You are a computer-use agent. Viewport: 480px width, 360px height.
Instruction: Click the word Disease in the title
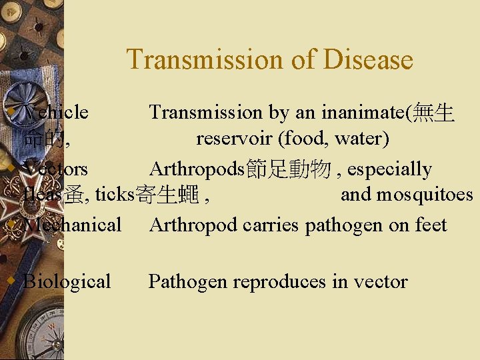pos(368,59)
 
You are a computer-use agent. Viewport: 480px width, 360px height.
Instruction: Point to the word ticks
pos(115,195)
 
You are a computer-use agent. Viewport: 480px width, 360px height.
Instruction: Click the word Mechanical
pos(72,225)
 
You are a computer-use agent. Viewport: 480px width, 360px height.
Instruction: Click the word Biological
pos(67,281)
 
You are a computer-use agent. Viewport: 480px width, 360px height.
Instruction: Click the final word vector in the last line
pos(380,281)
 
